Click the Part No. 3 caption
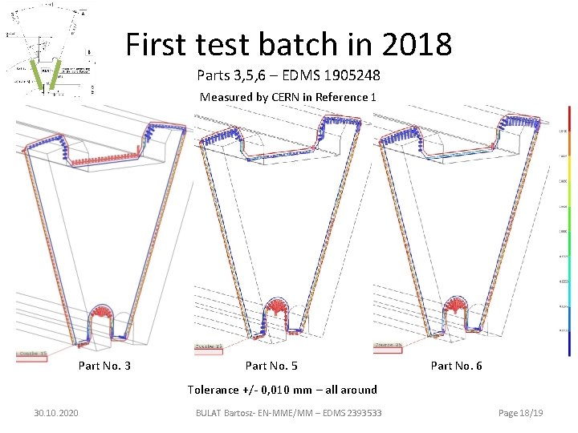coord(104,366)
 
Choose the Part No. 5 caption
coord(271,366)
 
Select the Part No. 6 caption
coord(456,366)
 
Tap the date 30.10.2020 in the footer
coord(56,412)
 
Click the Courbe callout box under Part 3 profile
coord(35,354)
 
